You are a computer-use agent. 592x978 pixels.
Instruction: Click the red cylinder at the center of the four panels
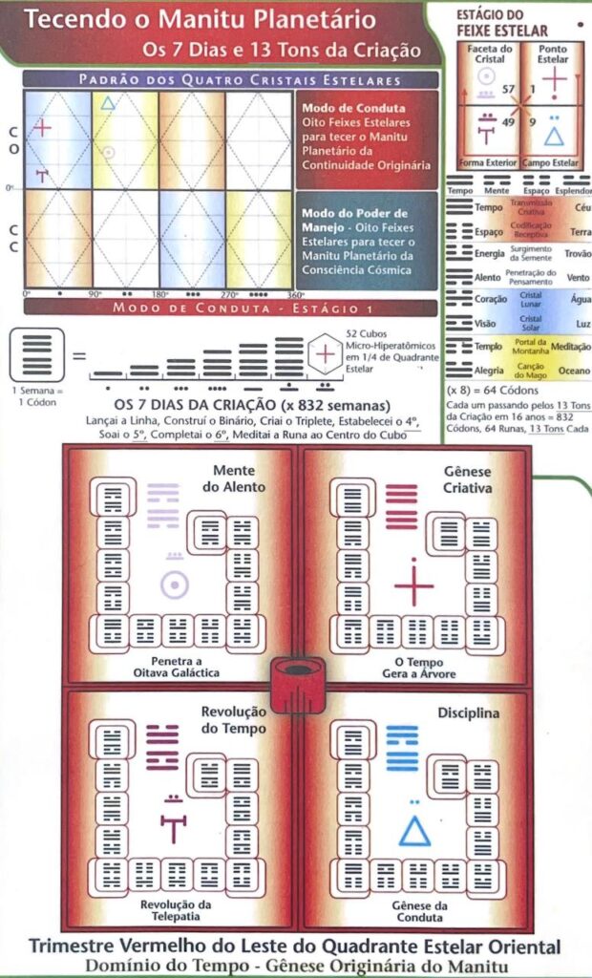(x=296, y=684)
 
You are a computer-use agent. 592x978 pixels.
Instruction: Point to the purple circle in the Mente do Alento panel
(x=174, y=585)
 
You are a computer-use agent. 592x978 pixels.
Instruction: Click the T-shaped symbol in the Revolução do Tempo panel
(x=173, y=827)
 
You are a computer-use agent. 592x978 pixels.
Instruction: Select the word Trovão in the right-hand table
(x=577, y=253)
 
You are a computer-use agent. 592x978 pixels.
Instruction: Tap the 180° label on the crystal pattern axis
(x=159, y=294)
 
